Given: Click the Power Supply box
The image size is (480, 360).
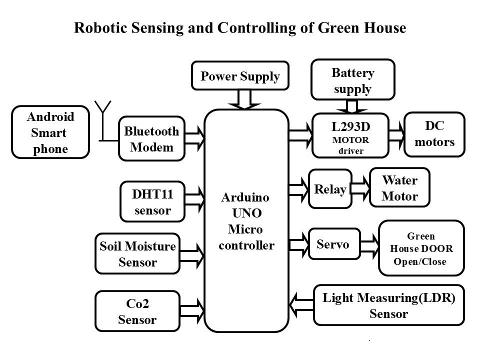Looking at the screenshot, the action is click(240, 75).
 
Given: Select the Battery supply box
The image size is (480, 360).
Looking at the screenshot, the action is click(353, 79).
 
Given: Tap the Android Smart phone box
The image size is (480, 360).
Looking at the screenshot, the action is click(50, 132).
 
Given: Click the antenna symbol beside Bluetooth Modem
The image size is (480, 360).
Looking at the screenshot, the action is click(103, 121).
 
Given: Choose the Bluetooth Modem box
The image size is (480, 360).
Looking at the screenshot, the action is click(152, 138).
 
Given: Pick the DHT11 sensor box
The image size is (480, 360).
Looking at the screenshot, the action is click(152, 201).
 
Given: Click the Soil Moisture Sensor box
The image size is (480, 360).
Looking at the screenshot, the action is click(137, 254).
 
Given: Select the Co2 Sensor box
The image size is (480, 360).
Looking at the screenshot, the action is click(137, 311).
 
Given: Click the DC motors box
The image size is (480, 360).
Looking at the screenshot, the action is click(434, 134).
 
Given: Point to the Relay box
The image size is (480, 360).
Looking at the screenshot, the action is click(330, 189).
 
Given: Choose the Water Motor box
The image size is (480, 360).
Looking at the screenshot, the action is click(400, 187).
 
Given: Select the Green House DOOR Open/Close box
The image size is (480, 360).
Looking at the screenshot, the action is click(421, 248).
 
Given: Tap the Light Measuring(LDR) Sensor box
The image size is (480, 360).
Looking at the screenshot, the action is click(389, 305).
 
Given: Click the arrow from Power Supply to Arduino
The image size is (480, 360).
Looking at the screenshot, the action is click(244, 99).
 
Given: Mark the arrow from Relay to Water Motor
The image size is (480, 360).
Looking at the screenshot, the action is click(361, 188).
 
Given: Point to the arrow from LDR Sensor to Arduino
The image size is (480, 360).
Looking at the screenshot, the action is click(301, 305).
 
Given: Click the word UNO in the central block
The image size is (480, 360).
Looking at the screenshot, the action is click(246, 213).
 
